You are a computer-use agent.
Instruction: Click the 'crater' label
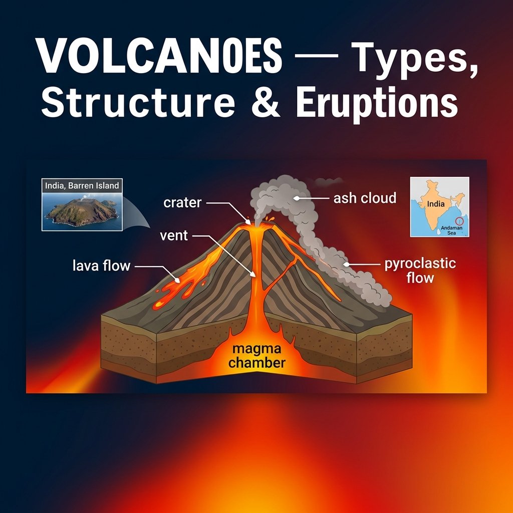tap(182, 203)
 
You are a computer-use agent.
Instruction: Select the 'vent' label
tap(174, 235)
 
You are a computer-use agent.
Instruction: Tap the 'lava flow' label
tap(101, 266)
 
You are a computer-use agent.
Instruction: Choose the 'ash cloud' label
tap(365, 198)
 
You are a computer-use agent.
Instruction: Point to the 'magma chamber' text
tap(256, 355)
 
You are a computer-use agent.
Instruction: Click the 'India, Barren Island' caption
tap(82, 186)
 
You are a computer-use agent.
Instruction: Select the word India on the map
tap(435, 204)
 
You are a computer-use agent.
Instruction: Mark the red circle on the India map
tap(459, 220)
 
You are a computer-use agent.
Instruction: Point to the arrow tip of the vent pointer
tap(253, 275)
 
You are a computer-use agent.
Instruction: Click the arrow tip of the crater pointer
tap(248, 221)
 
